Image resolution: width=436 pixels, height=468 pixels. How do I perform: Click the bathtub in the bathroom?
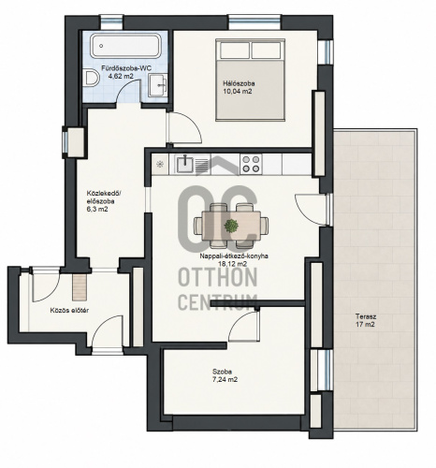[125, 46]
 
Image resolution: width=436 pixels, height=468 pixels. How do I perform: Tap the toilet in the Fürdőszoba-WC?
[92, 79]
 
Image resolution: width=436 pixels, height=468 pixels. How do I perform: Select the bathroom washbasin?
[158, 85]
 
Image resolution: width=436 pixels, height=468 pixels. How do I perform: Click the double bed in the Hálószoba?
[251, 80]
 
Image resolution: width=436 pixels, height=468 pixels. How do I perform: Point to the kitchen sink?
[185, 164]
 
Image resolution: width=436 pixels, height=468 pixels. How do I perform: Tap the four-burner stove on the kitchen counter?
[251, 164]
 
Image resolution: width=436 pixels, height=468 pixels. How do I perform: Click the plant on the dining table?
[231, 226]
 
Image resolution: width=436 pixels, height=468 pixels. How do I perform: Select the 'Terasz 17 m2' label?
[366, 320]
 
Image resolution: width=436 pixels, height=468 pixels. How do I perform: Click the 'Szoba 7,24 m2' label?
[225, 375]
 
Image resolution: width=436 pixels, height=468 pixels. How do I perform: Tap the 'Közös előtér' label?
[69, 311]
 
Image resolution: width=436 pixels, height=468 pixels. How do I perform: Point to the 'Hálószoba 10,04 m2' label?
[239, 87]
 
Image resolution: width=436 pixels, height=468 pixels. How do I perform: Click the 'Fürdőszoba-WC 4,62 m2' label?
[122, 72]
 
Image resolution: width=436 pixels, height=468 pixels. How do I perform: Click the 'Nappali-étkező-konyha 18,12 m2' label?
[234, 260]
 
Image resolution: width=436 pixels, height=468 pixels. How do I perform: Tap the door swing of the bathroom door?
[128, 91]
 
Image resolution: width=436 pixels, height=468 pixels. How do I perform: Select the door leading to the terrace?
[312, 210]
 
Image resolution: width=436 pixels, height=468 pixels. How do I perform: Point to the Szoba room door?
[244, 326]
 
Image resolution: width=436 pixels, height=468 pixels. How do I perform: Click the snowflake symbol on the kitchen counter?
[160, 164]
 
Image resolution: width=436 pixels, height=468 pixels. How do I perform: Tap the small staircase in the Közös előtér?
[80, 287]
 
